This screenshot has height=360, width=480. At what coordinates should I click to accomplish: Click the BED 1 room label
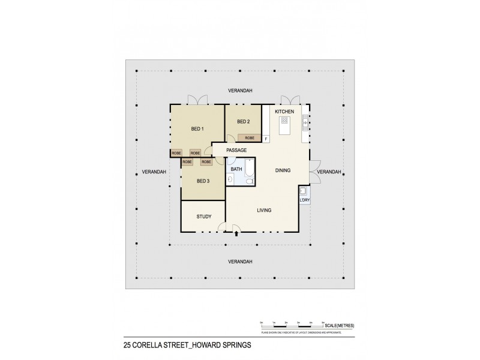197,129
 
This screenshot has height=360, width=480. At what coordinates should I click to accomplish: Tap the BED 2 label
243,122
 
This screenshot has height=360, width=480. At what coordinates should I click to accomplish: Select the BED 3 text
203,181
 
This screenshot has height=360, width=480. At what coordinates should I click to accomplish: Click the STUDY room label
203,217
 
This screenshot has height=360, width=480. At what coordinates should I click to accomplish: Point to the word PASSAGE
236,150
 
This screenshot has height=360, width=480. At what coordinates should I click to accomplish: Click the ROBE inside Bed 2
250,138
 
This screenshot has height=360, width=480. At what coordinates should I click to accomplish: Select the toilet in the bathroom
230,178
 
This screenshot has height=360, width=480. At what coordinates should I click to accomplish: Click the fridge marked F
266,139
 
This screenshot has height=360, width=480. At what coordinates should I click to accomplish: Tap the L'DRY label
304,200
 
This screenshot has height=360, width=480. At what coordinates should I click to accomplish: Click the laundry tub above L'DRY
304,191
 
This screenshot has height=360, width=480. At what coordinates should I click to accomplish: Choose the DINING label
283,170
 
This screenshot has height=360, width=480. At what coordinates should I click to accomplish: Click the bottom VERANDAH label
239,262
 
